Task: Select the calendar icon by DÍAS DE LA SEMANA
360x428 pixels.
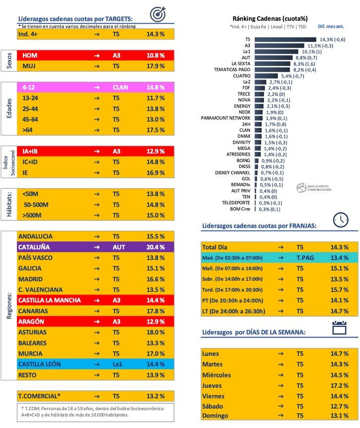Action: click(339, 328)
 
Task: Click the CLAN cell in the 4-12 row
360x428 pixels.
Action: click(120, 87)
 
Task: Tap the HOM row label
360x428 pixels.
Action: click(31, 55)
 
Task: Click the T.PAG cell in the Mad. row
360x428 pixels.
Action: click(306, 257)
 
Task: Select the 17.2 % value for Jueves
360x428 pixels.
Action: click(339, 385)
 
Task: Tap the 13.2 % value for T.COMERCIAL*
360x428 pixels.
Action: click(154, 396)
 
